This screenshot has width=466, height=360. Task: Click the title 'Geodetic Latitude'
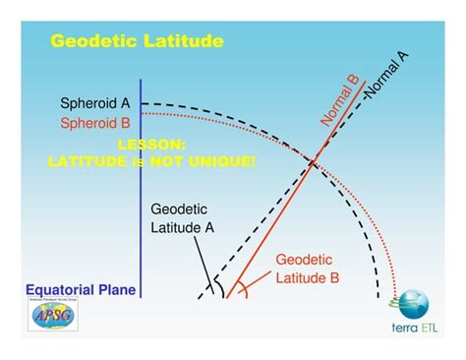click(137, 40)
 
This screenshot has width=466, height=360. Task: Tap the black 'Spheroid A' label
click(94, 103)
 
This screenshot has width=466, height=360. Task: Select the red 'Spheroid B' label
click(94, 124)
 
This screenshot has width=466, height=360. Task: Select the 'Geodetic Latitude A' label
click(183, 217)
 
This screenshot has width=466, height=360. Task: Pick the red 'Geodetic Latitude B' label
click(307, 269)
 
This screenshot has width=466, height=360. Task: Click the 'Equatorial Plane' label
click(81, 290)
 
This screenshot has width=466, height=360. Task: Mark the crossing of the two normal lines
click(314, 163)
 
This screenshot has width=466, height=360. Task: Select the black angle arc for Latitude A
click(219, 286)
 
